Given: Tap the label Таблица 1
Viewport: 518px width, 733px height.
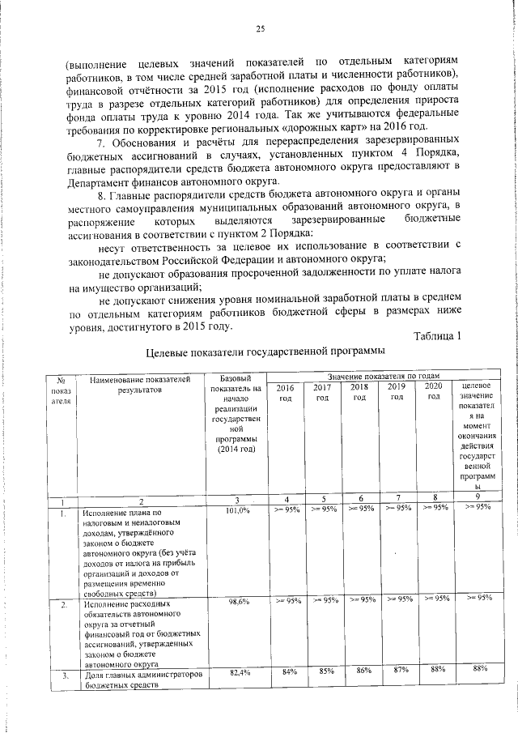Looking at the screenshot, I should click(436, 336).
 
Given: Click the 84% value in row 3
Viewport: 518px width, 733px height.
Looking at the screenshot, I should click(287, 671).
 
